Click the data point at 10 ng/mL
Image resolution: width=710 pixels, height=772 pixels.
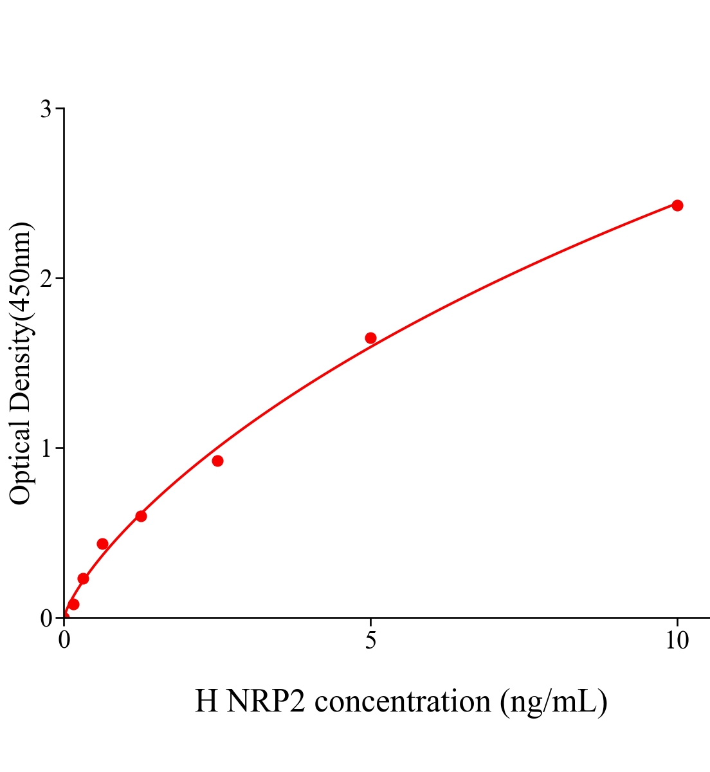point(677,205)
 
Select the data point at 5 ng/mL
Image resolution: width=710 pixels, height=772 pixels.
point(370,338)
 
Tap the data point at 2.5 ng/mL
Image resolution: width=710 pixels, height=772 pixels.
point(217,461)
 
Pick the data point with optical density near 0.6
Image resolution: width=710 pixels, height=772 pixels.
point(141,516)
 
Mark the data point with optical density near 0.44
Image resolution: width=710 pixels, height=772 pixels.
point(102,544)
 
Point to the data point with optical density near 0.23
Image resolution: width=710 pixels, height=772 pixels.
point(83,578)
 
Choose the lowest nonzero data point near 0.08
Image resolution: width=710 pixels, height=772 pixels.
point(73,604)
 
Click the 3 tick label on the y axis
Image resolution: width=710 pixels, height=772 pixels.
point(46,109)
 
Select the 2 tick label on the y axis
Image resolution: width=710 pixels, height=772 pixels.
point(46,279)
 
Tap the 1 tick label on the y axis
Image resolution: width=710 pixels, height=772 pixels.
point(46,448)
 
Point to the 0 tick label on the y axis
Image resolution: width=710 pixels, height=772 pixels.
point(46,618)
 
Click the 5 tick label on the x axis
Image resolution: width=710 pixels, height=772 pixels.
point(370,641)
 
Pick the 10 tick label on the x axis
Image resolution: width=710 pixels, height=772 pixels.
point(677,641)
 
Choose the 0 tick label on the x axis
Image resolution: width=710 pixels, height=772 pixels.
point(64,641)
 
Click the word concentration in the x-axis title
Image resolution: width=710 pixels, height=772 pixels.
point(403,701)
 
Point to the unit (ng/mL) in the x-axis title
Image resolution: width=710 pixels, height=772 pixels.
point(554,701)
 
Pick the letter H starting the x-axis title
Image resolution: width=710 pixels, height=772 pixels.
point(206,701)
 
